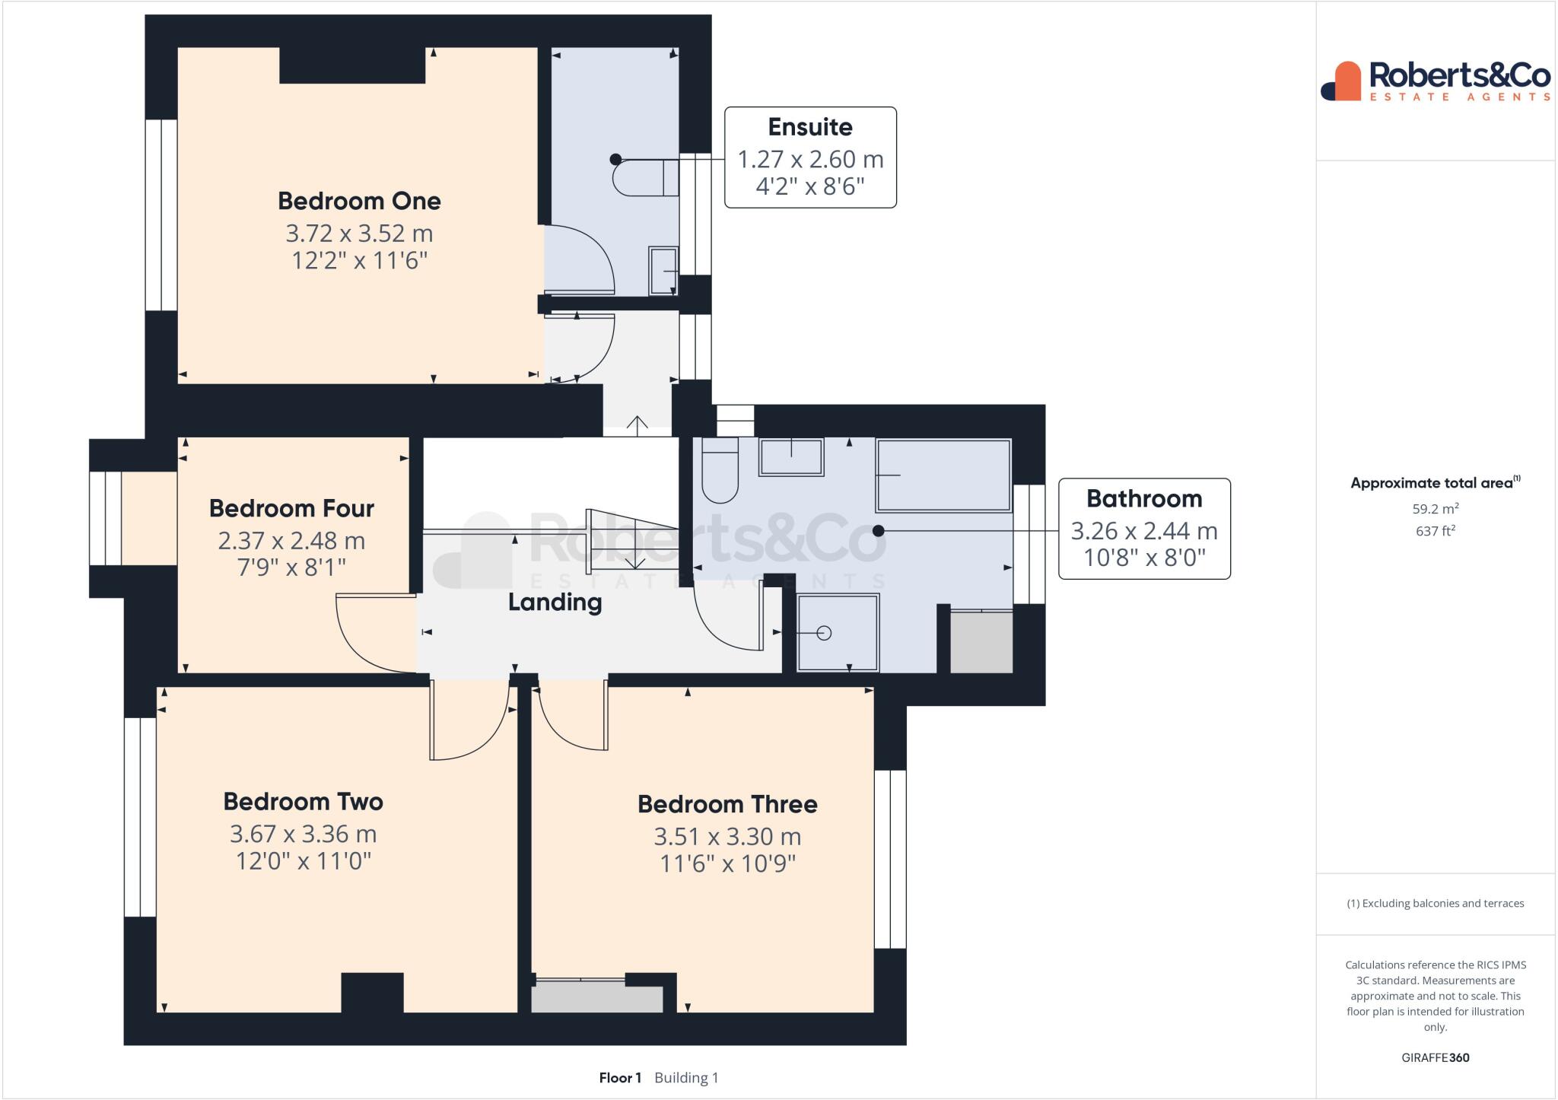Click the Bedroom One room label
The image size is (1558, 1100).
click(359, 201)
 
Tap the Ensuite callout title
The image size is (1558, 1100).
click(809, 127)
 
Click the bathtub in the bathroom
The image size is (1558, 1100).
click(943, 475)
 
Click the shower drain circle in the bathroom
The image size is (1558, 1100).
click(824, 633)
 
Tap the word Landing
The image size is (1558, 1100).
click(555, 602)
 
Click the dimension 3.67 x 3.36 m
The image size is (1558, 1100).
click(303, 835)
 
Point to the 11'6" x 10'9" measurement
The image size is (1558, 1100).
click(727, 864)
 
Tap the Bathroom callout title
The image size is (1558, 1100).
click(1143, 499)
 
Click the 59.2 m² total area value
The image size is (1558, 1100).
click(1435, 508)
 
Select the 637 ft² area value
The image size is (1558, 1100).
click(1435, 531)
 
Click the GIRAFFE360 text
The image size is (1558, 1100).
click(1435, 1057)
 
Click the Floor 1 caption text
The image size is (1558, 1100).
click(620, 1078)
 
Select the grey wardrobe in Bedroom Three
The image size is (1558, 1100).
click(596, 999)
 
